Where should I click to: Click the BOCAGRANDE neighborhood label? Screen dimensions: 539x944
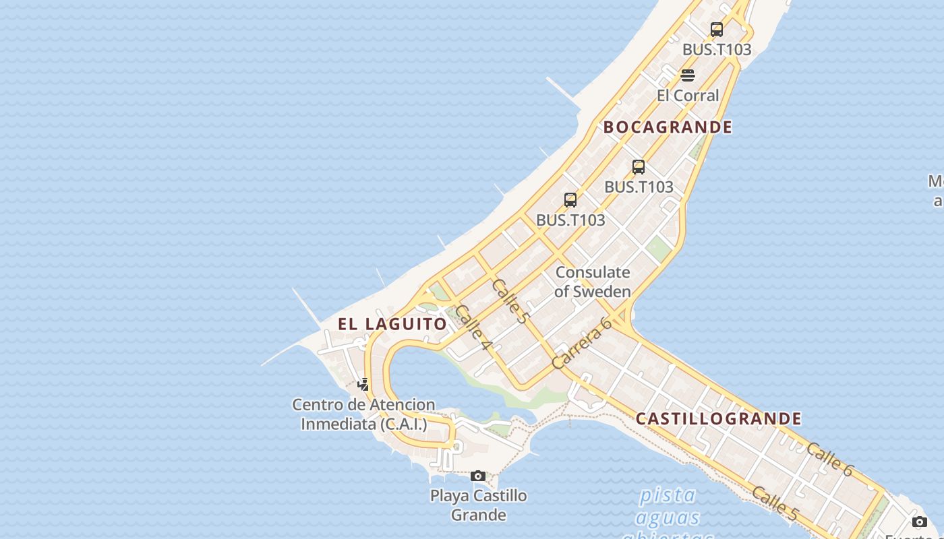click(x=668, y=127)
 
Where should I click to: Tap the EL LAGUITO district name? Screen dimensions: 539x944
click(x=392, y=324)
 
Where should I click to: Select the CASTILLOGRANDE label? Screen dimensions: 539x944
click(x=719, y=419)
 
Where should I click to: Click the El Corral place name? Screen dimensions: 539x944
click(x=688, y=96)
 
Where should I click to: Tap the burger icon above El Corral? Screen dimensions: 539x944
click(x=688, y=75)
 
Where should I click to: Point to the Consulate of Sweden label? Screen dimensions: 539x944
click(x=593, y=282)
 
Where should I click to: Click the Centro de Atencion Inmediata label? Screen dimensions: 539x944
click(x=363, y=414)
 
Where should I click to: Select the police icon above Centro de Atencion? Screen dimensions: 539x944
click(x=363, y=385)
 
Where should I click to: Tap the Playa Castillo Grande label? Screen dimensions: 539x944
click(x=478, y=505)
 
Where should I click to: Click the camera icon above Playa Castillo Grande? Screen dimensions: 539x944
click(x=478, y=476)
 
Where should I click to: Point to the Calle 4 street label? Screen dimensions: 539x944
click(x=473, y=327)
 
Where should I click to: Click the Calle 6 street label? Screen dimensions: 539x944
click(x=829, y=460)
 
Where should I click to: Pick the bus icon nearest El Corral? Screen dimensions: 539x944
click(x=717, y=30)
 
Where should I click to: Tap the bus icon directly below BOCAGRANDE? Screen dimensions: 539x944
click(x=639, y=167)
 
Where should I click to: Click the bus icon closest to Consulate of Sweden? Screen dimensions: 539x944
click(x=570, y=200)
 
